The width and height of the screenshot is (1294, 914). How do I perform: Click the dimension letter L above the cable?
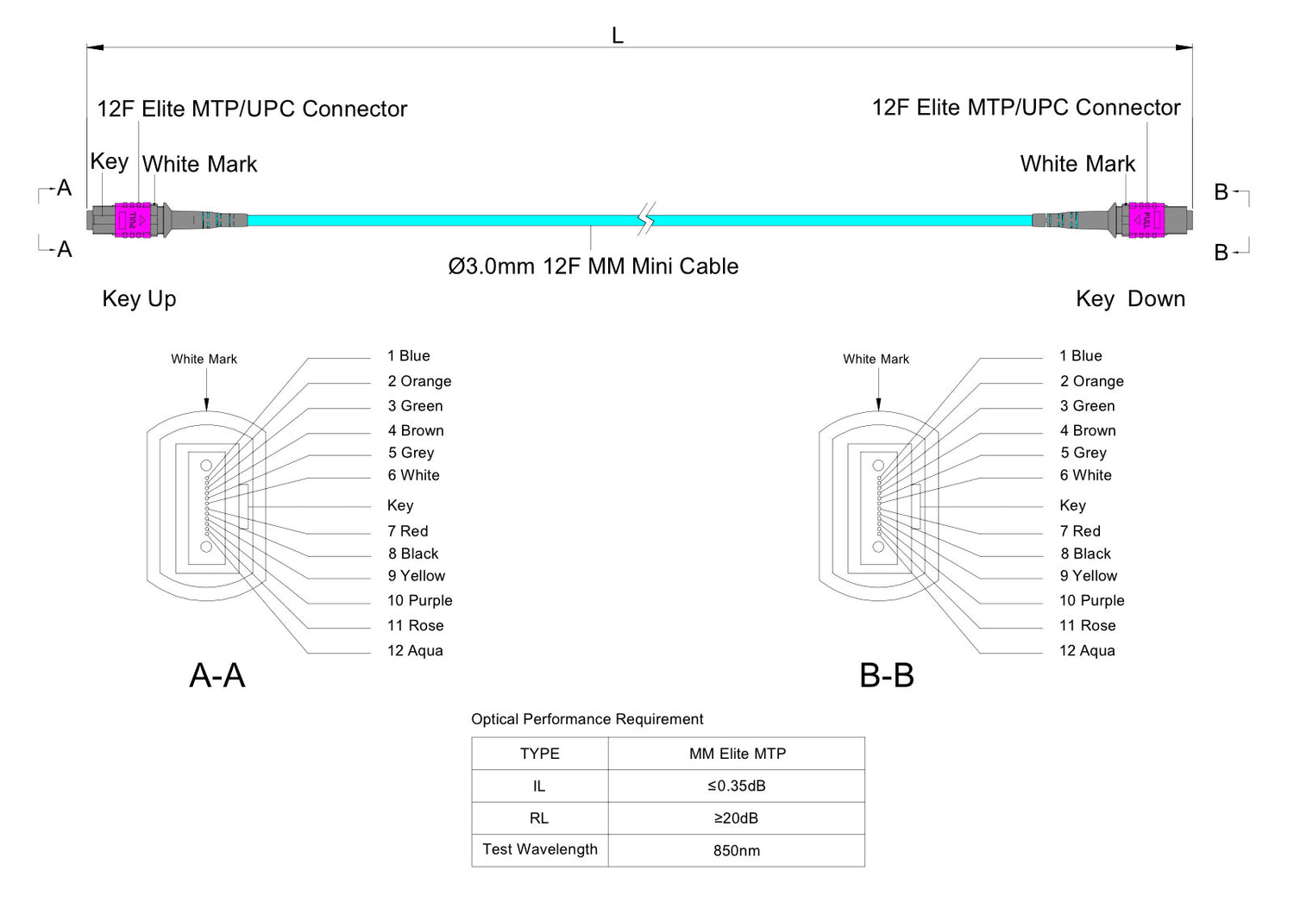617,35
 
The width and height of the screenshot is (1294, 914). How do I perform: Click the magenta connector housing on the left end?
133,220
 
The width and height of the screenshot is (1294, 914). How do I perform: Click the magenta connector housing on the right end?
1146,220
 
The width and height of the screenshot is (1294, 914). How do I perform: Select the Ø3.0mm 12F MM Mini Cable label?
593,266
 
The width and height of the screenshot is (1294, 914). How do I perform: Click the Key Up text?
139,299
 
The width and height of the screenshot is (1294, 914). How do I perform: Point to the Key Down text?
1130,299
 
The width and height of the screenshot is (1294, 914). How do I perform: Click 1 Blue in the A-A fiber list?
409,356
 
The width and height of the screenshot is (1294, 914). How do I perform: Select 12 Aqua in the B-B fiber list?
1087,651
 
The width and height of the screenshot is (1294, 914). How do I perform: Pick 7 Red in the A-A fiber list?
408,531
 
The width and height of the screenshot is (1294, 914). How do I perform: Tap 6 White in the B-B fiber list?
1085,475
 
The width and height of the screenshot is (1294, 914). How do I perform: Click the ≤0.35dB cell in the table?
737,786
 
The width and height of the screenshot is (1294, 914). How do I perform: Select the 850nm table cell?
737,851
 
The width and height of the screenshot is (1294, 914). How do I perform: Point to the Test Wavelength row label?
540,849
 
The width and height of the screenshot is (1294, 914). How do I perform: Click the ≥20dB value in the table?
737,818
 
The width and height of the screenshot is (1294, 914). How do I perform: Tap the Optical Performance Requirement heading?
587,719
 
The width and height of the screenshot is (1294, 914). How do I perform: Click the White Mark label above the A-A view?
204,360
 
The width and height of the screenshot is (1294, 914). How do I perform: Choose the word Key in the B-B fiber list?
1072,505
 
